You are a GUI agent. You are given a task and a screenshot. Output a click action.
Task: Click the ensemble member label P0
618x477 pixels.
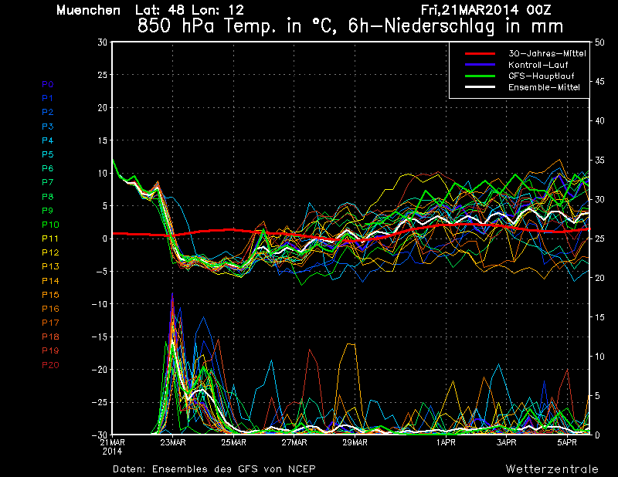pyautogui.click(x=48, y=84)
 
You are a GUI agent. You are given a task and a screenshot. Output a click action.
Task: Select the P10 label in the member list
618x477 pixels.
pyautogui.click(x=50, y=225)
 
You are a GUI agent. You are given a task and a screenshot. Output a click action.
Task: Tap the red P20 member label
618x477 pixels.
pyautogui.click(x=50, y=365)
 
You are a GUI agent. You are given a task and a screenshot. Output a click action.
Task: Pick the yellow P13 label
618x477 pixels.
pyautogui.click(x=50, y=266)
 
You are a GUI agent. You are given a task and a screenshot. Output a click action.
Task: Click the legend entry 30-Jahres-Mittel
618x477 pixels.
pyautogui.click(x=547, y=53)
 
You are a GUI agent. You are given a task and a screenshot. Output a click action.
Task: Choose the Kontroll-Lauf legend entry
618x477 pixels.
pyautogui.click(x=538, y=65)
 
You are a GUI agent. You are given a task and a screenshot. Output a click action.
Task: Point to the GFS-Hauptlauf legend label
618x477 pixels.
pyautogui.click(x=542, y=76)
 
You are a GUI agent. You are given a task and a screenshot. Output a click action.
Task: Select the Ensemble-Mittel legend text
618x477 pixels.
pyautogui.click(x=544, y=87)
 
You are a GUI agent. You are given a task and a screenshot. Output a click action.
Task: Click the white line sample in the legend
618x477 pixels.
pyautogui.click(x=480, y=87)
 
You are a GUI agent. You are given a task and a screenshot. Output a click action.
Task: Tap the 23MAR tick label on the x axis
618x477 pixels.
pyautogui.click(x=172, y=442)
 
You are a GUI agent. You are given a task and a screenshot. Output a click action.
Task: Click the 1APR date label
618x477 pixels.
pyautogui.click(x=446, y=442)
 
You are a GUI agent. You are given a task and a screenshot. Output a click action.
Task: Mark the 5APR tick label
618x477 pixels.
pyautogui.click(x=567, y=442)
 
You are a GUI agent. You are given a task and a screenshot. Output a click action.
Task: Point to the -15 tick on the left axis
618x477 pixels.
pyautogui.click(x=100, y=337)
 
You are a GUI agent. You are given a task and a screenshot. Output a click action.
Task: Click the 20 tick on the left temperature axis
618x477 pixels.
pyautogui.click(x=103, y=107)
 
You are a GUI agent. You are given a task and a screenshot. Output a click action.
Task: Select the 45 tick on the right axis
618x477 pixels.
pyautogui.click(x=599, y=82)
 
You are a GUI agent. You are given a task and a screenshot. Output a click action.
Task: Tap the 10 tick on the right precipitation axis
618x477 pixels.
pyautogui.click(x=599, y=357)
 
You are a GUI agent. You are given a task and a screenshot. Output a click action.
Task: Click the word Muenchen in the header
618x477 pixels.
pyautogui.click(x=88, y=10)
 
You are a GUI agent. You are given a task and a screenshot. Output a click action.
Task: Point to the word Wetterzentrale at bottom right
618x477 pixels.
pyautogui.click(x=552, y=469)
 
